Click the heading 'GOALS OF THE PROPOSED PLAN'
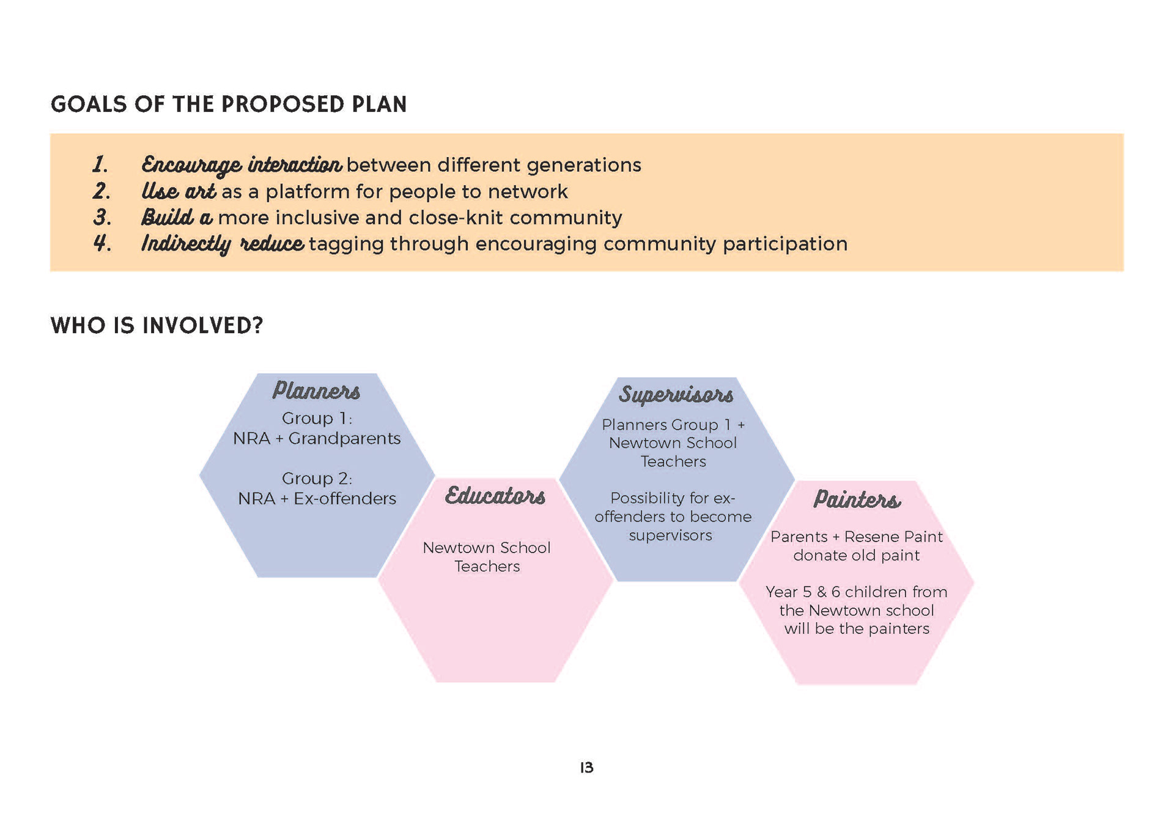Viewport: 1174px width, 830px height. click(x=229, y=105)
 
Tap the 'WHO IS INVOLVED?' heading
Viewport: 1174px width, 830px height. click(x=157, y=325)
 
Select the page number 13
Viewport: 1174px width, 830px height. click(x=587, y=768)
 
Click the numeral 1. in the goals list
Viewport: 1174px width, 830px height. click(x=101, y=164)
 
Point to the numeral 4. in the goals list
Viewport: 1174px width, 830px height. click(x=102, y=243)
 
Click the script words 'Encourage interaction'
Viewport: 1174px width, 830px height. click(x=242, y=165)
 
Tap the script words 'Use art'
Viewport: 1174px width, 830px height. click(x=179, y=191)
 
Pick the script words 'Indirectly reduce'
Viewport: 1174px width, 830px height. click(x=223, y=244)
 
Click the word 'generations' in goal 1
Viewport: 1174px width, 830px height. click(x=584, y=166)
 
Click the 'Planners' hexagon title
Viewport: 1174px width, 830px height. click(x=316, y=391)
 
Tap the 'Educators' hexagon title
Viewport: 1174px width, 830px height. click(x=495, y=496)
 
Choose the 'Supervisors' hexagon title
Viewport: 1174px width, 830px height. click(x=676, y=395)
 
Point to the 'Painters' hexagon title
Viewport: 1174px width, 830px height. click(x=857, y=499)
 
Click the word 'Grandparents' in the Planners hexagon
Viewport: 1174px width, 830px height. click(x=344, y=439)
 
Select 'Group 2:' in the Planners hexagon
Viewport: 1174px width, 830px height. click(x=317, y=479)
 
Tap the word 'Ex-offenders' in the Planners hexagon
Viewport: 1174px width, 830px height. click(x=345, y=499)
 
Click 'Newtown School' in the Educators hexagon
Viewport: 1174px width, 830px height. click(x=487, y=548)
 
